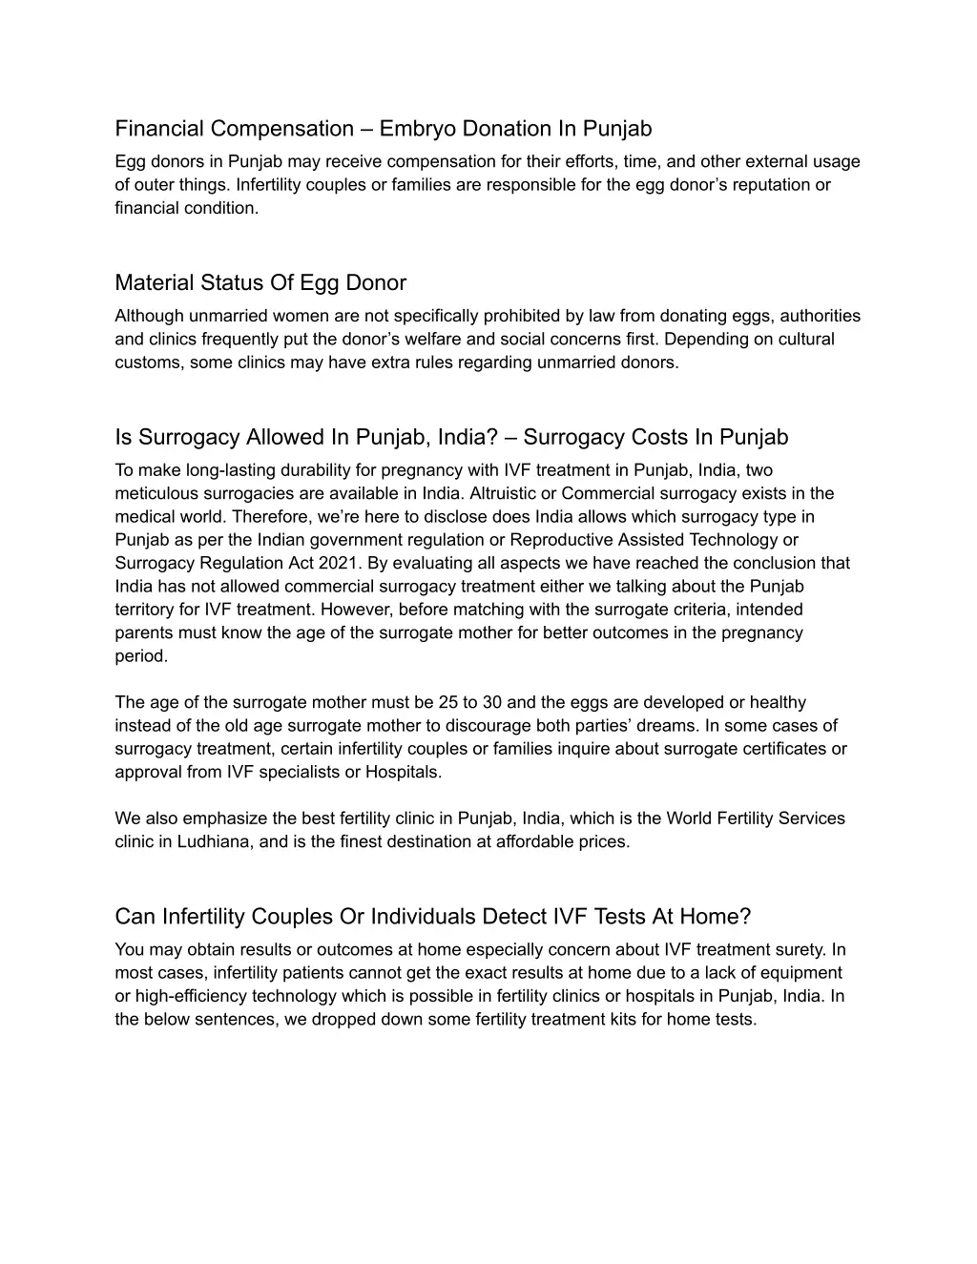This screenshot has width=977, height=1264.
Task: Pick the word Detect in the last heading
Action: coord(514,917)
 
